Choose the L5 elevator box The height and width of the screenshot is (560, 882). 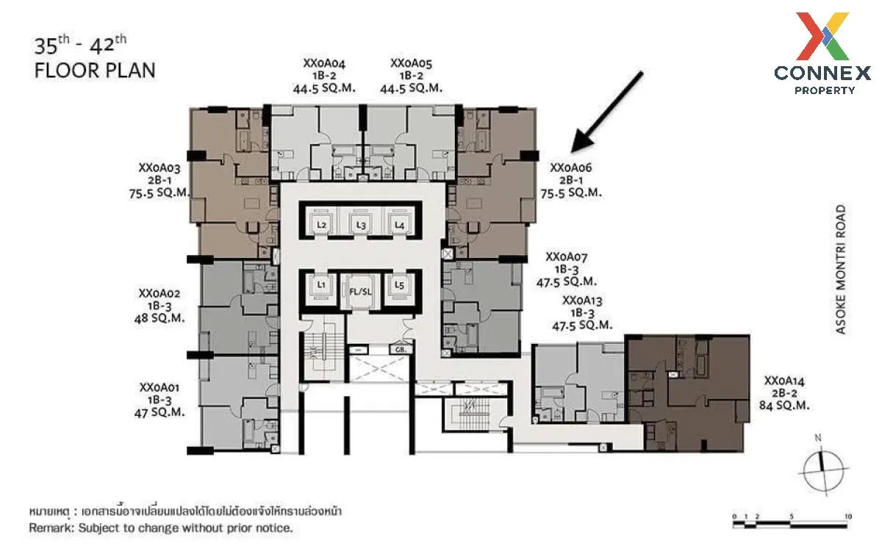pos(399,286)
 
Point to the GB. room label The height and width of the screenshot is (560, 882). pos(401,350)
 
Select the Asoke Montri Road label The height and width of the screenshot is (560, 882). pos(842,269)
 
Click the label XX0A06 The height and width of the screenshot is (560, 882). pos(570,168)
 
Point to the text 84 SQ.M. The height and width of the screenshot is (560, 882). pos(784,405)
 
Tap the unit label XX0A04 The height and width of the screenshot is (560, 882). pos(324,63)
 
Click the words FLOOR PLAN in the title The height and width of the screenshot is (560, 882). pos(95,71)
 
